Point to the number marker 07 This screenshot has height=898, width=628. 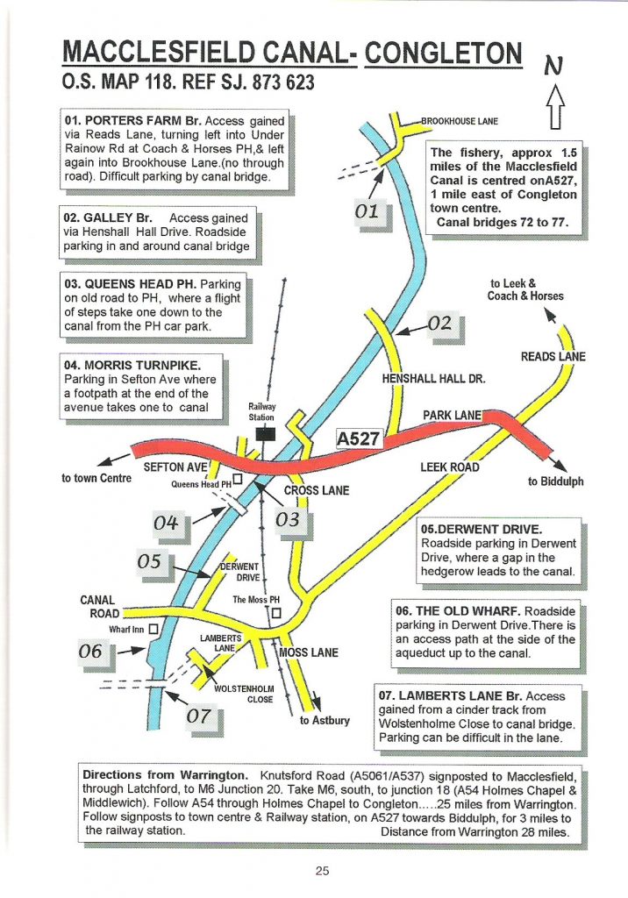[203, 716]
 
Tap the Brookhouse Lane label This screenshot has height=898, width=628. [460, 120]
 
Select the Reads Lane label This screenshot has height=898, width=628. [553, 357]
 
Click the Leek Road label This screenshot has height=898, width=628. [450, 467]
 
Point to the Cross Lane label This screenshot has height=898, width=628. [317, 491]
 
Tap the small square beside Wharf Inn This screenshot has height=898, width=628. [153, 629]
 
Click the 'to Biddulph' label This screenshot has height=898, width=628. [555, 481]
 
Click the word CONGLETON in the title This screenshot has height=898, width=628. [445, 53]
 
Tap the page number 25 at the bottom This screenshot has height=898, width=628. [322, 871]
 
